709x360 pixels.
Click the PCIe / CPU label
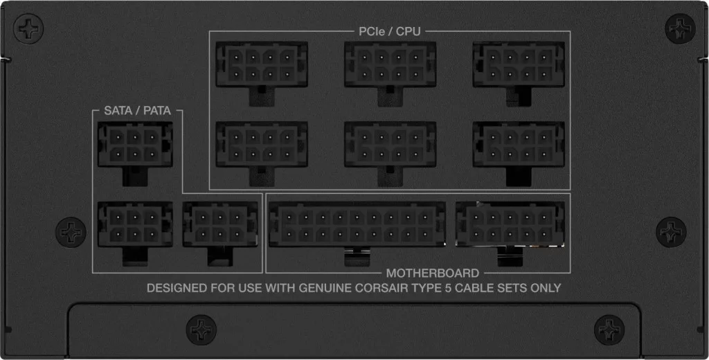389,31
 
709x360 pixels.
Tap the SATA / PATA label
138,110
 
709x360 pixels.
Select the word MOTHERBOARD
432,273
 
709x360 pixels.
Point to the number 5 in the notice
448,288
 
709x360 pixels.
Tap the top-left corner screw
28,29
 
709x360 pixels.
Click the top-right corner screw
680,28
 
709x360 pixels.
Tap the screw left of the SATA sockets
71,232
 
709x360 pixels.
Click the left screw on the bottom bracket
201,330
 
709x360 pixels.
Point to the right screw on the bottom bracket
609,330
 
